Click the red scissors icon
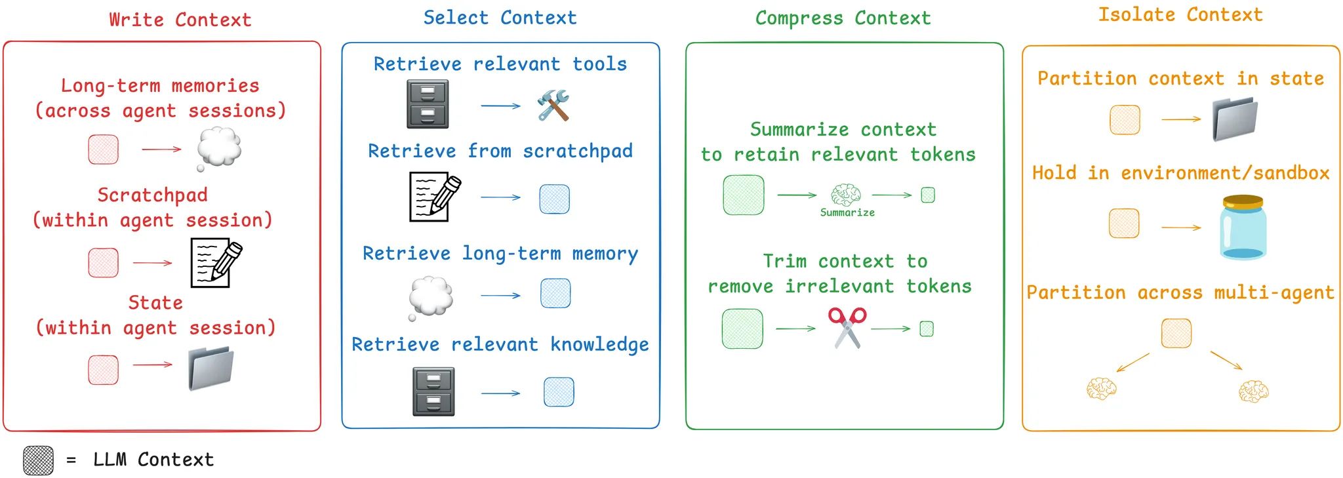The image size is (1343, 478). point(847,327)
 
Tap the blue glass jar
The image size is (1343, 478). point(1243,228)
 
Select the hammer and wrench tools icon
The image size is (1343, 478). point(553,106)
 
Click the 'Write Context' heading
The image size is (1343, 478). point(180,20)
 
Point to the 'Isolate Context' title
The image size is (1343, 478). point(1180,15)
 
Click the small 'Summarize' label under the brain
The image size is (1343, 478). point(847,212)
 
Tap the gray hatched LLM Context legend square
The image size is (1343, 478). point(38,460)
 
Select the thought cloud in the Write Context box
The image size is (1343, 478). point(219,148)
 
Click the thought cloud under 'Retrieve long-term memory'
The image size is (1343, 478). point(431,296)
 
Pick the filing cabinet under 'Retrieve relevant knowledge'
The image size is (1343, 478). point(433,391)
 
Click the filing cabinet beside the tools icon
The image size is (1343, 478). point(428,104)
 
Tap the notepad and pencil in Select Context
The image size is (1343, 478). point(434,197)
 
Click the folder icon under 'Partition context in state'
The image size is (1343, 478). point(1235,119)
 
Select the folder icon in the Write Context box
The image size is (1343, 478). point(210,368)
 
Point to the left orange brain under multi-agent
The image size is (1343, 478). point(1101,388)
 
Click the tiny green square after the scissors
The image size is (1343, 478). point(927,329)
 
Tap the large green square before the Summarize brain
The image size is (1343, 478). point(743,195)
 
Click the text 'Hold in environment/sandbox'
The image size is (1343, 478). point(1180,173)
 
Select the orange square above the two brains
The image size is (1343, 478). point(1176,333)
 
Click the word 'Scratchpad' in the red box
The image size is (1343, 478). point(152,195)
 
